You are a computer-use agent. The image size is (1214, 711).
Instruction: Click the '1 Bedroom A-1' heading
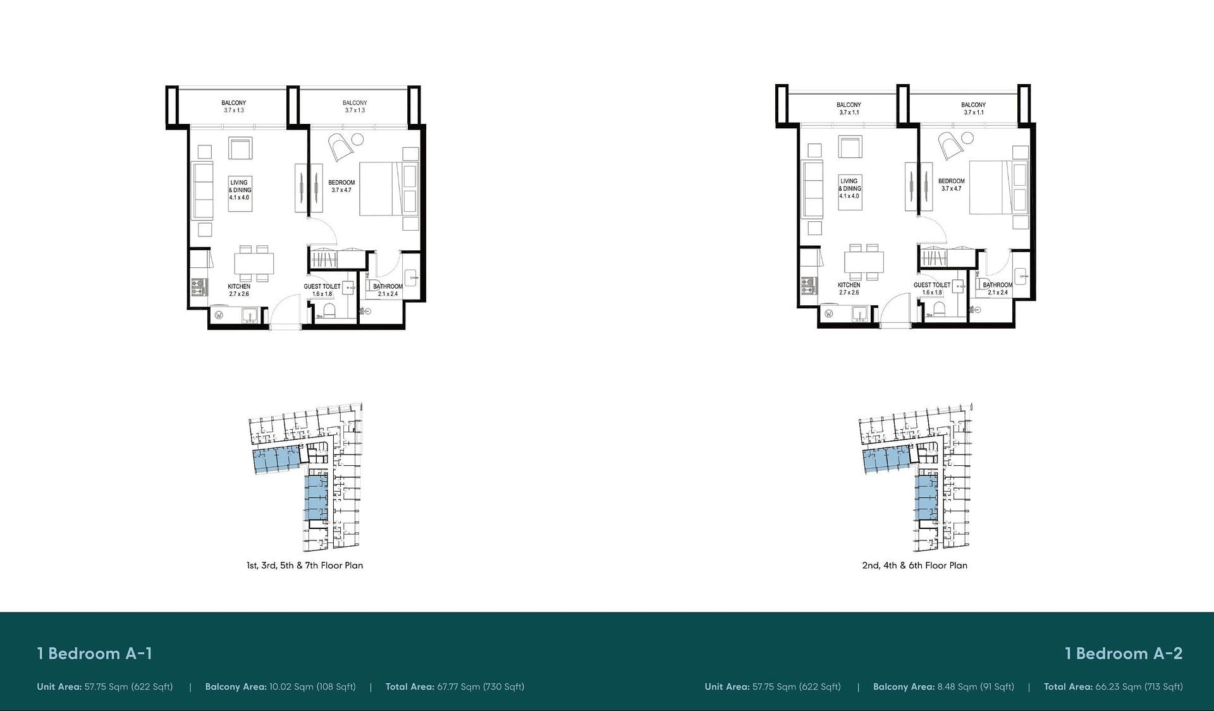tap(95, 653)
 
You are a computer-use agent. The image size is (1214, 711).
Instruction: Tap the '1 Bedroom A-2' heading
tap(1124, 653)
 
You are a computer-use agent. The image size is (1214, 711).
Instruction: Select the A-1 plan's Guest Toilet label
tap(322, 286)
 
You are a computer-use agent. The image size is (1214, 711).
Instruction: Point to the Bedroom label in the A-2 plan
tap(951, 181)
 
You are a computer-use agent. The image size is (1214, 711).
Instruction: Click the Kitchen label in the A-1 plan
tap(239, 286)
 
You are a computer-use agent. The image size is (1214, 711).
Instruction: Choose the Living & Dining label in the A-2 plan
tap(849, 185)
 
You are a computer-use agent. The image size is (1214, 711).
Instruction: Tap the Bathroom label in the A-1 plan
tap(388, 286)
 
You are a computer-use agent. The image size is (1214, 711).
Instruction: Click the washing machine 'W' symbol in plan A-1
tap(219, 315)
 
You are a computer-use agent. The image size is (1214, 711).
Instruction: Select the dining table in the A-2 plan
tap(864, 262)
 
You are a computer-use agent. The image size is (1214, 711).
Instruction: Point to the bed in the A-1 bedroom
tap(389, 189)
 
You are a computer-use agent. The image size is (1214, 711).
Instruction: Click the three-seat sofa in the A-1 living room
tap(203, 190)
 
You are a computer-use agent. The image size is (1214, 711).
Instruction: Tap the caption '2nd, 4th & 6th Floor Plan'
tap(914, 566)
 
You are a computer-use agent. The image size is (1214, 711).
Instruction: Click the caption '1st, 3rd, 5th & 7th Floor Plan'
tap(305, 566)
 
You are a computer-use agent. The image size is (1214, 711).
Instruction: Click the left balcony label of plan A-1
tap(234, 103)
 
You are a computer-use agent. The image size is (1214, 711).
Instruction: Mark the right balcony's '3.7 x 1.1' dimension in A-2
tap(974, 112)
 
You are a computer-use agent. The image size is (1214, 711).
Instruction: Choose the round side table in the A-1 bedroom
tap(358, 139)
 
